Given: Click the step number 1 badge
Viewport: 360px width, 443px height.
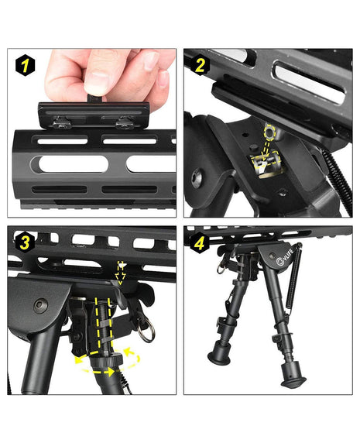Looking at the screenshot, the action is [x=25, y=66].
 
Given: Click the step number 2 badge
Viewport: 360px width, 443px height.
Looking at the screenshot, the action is [x=201, y=66].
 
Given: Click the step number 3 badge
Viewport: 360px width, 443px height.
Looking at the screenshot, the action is [x=25, y=242].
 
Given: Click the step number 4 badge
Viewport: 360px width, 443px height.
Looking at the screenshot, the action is [x=200, y=242].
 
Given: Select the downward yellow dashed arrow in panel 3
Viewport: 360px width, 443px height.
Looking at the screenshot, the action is [x=121, y=273].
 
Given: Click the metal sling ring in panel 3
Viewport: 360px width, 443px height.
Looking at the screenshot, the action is [x=146, y=329].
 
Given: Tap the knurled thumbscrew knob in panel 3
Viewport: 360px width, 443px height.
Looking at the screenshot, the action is [x=107, y=361].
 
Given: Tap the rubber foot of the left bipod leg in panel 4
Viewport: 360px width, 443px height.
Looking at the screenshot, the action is [x=218, y=354].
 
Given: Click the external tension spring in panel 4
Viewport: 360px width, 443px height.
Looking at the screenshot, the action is [x=294, y=278].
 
